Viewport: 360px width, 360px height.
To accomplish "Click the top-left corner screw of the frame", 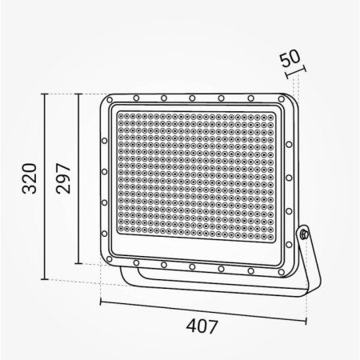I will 109,102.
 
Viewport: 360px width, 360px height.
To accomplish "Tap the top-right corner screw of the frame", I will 281,99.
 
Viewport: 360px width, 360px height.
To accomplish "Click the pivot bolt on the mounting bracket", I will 304,234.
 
